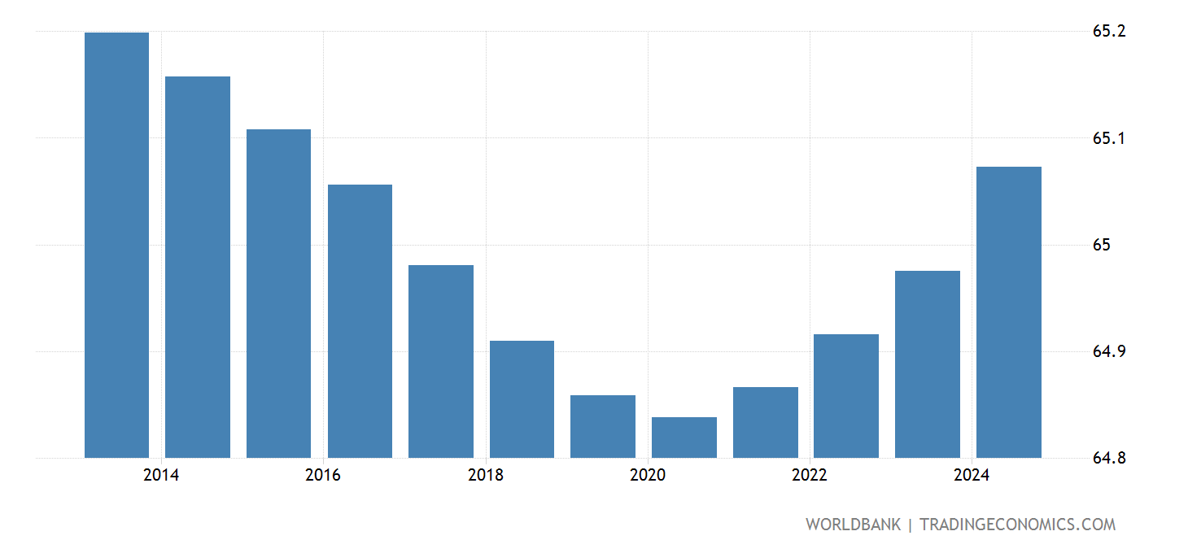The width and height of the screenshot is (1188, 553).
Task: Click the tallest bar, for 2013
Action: (x=116, y=245)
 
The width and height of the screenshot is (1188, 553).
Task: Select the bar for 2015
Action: (x=278, y=294)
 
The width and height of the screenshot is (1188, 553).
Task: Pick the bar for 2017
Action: (x=440, y=361)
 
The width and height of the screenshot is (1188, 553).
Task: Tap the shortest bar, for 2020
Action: (x=684, y=438)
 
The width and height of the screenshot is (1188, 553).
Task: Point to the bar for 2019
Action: (x=602, y=426)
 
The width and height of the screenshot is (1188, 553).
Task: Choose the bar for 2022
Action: (x=845, y=396)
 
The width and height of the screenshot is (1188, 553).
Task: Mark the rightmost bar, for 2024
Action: (x=1008, y=312)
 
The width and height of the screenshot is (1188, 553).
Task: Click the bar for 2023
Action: (x=927, y=364)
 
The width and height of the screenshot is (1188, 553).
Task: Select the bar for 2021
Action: (x=765, y=422)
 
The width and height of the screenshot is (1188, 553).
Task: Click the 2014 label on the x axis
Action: (x=161, y=476)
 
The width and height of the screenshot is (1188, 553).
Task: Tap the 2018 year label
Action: (x=486, y=476)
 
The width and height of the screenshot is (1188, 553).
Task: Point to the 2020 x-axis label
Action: (x=648, y=476)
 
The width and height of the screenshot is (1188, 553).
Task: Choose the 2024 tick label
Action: (x=972, y=476)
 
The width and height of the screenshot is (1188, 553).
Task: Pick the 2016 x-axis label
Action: (x=323, y=476)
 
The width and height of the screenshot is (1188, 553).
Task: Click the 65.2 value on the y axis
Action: (x=1109, y=32)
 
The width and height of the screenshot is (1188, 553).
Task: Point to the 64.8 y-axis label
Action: (x=1109, y=458)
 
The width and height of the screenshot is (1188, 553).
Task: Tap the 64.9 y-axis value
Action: (x=1109, y=351)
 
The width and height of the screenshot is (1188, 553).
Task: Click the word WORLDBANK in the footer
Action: (x=853, y=525)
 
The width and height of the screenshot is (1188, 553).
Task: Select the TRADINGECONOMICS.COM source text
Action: (x=1017, y=525)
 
